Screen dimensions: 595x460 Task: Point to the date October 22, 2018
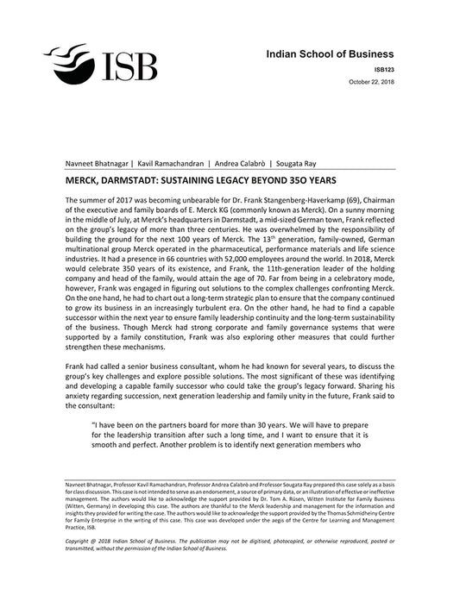coord(371,81)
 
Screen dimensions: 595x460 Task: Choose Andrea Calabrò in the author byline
coord(238,163)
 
